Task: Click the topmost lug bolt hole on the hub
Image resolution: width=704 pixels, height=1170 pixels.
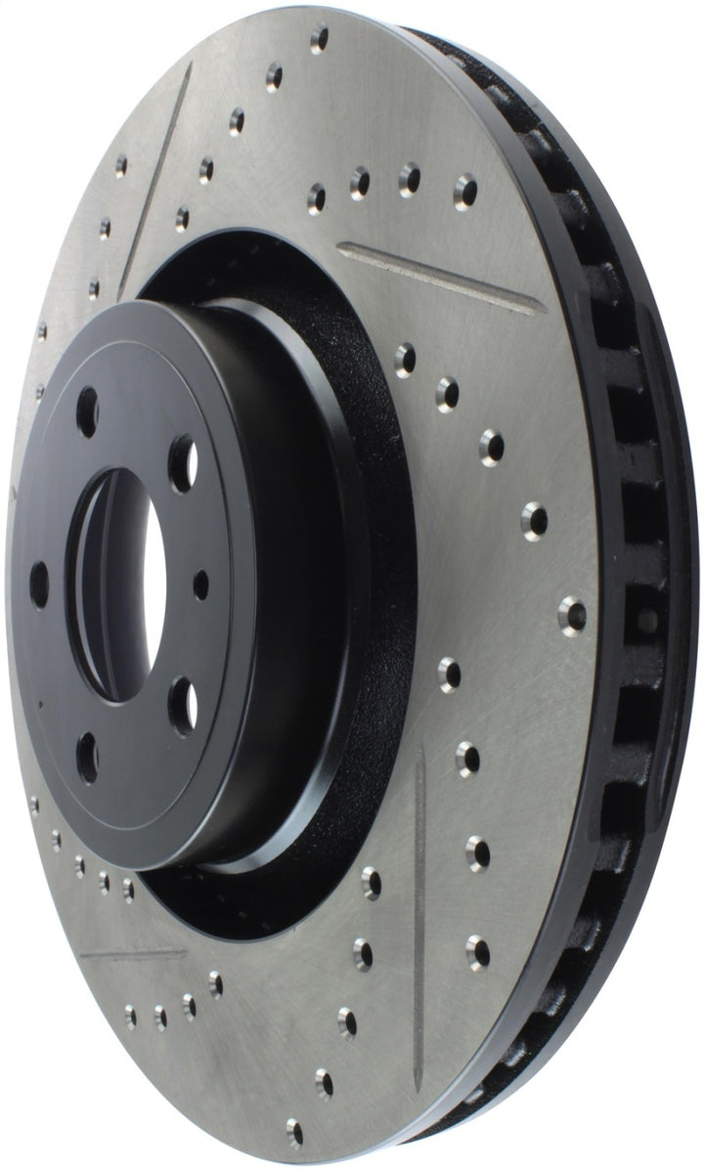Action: (x=87, y=404)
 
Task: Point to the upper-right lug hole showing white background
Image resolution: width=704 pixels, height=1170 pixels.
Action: (x=182, y=453)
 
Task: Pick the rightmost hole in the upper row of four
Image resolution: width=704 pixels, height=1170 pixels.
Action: (x=466, y=188)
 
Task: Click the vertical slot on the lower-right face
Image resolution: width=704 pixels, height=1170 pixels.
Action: (x=420, y=889)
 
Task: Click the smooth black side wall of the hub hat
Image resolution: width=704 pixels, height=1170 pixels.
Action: (x=293, y=586)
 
